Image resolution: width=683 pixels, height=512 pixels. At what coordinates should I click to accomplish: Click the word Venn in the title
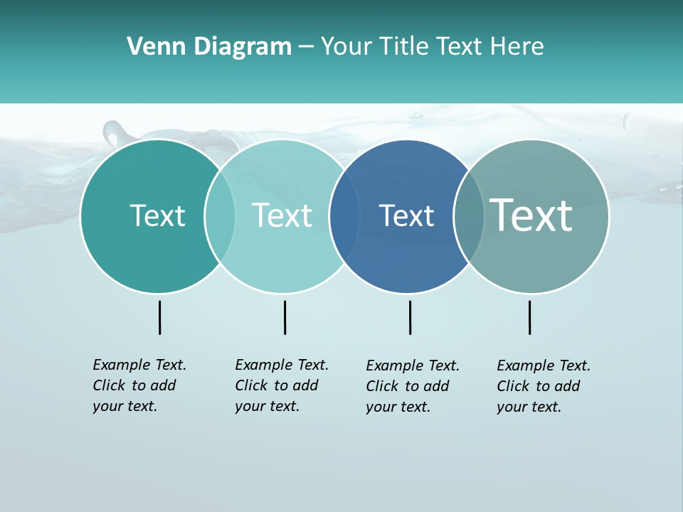[x=150, y=47]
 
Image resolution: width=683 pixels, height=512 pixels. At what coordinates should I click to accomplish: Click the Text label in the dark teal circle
[x=157, y=215]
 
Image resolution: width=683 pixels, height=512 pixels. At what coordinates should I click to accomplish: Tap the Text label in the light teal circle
[x=282, y=215]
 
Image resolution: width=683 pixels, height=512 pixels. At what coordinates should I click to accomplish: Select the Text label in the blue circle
[x=406, y=215]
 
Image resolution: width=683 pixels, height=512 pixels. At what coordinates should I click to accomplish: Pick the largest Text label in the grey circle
[x=531, y=215]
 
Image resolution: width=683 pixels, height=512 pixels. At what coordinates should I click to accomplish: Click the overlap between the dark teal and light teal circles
[x=220, y=216]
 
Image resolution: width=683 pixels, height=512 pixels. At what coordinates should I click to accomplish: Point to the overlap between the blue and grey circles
[x=469, y=216]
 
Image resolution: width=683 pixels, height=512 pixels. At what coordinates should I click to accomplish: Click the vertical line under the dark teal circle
[x=159, y=317]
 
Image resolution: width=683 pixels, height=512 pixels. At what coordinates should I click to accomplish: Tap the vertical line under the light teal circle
[x=285, y=317]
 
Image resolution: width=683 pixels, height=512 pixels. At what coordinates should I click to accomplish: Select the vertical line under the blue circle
[x=410, y=317]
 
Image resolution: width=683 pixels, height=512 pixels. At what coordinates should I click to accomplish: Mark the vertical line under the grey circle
[x=529, y=317]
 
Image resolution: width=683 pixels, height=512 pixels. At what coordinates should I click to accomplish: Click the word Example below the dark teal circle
[x=122, y=365]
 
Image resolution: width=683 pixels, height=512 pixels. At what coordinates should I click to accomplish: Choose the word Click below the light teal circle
[x=251, y=385]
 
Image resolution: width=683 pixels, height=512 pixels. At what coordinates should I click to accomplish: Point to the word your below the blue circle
[x=381, y=407]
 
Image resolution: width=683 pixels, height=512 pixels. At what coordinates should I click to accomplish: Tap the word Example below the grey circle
[x=526, y=366]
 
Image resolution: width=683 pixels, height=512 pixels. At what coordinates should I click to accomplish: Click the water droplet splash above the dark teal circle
[x=114, y=132]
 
